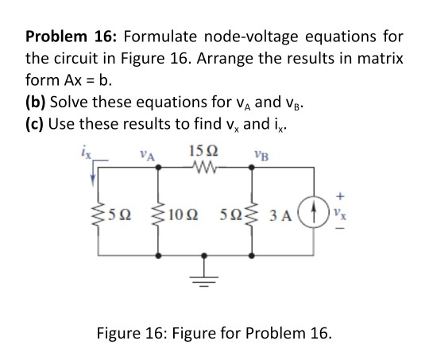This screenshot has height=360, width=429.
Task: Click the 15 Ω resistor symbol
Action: coord(204,166)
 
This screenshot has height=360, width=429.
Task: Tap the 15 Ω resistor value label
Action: coord(203,152)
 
